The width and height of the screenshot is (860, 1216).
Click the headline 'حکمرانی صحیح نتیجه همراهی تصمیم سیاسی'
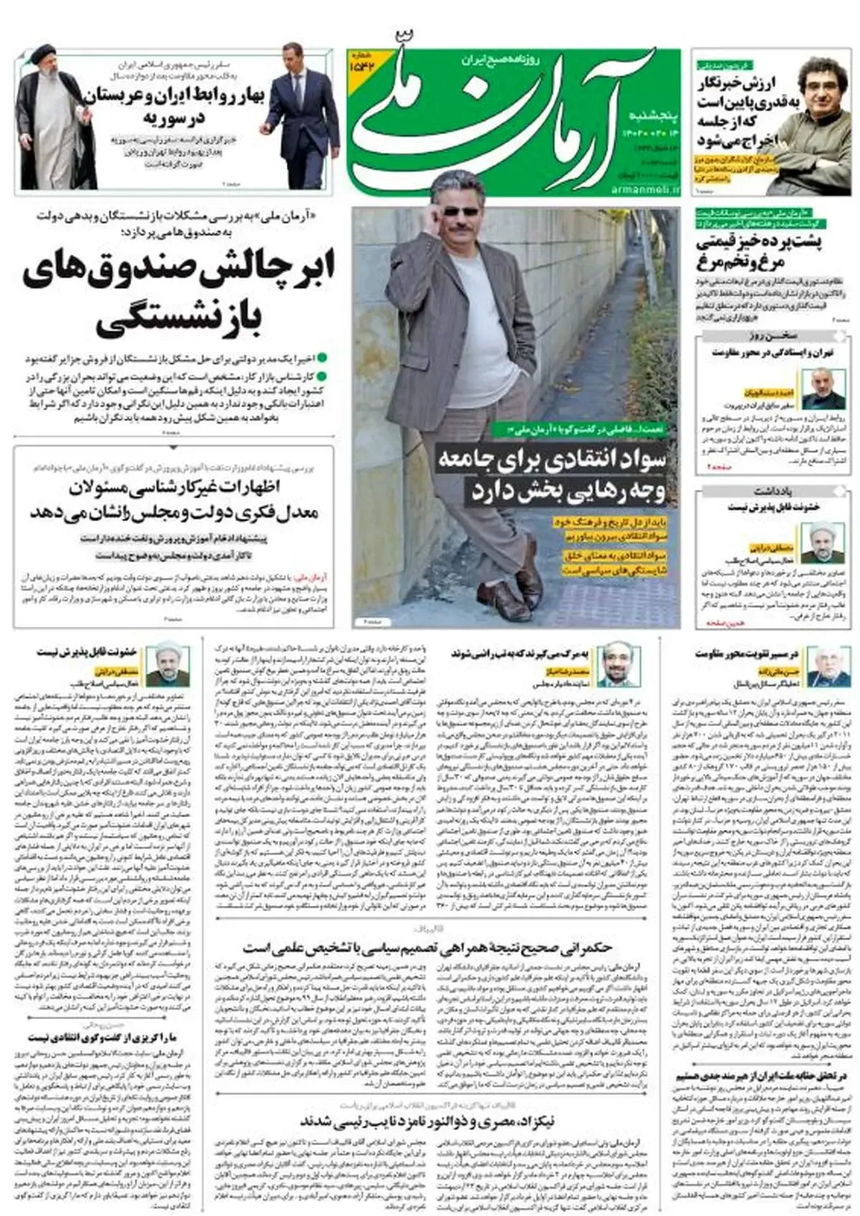pos(430,947)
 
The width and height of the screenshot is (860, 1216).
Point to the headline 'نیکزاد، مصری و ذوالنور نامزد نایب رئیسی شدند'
pos(427,1119)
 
